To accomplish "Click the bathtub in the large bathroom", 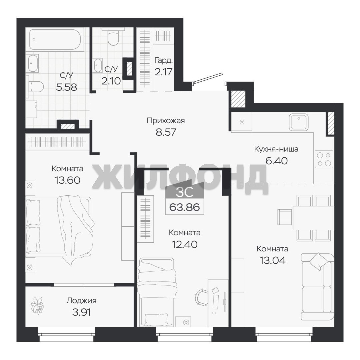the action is coord(55,39).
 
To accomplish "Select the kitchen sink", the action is coord(298,122).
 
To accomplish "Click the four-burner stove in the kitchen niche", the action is coord(324,158).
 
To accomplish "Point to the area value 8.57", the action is coord(166,132).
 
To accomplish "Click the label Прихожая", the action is coord(166,121).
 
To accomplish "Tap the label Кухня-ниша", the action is coord(276,149).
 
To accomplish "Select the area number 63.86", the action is coord(185,207).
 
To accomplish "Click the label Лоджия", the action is coord(82,301).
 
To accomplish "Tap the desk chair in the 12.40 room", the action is coord(202,297).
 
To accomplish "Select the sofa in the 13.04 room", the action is coord(318,287).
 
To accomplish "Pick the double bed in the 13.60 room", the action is coord(59,226).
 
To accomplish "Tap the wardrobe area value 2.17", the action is coord(163,72).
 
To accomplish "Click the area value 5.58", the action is coord(66,87).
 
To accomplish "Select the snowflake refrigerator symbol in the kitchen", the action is coord(242,122).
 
